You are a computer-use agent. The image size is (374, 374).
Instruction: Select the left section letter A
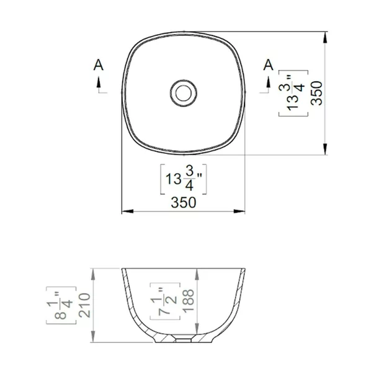(98, 65)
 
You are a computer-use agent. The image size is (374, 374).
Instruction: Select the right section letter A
(268, 65)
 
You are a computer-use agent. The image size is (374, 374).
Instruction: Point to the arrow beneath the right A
(268, 84)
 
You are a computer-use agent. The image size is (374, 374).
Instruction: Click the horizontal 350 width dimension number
(183, 202)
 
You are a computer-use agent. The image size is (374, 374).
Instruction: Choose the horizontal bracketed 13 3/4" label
(183, 180)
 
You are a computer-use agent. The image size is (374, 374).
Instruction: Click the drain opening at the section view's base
(183, 340)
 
